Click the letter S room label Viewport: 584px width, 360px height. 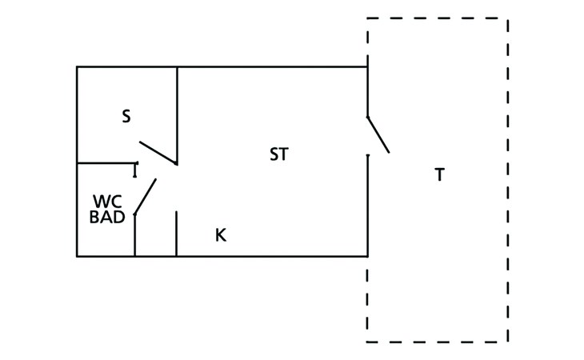pyautogui.click(x=126, y=116)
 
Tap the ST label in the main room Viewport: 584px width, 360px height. pyautogui.click(x=279, y=154)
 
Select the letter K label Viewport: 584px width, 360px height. pyautogui.click(x=221, y=235)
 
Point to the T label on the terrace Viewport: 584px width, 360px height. pyautogui.click(x=439, y=174)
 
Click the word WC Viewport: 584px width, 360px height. pyautogui.click(x=107, y=202)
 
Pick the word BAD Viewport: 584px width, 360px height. pyautogui.click(x=107, y=217)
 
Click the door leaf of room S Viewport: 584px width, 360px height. pyautogui.click(x=158, y=153)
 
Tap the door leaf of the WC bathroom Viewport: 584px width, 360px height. pyautogui.click(x=146, y=197)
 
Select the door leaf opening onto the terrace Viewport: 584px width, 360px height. pyautogui.click(x=378, y=134)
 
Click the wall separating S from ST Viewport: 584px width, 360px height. pyautogui.click(x=177, y=115)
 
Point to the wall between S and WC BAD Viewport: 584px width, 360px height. pyautogui.click(x=107, y=163)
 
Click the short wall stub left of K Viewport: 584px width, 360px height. pyautogui.click(x=176, y=234)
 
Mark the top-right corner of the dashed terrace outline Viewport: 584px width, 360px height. pyautogui.click(x=508, y=18)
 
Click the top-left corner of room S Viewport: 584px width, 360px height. pyautogui.click(x=77, y=67)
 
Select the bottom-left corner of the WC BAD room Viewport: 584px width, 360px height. pyautogui.click(x=77, y=257)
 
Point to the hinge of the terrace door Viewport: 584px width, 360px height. pyautogui.click(x=368, y=118)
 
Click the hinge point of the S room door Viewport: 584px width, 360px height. pyautogui.click(x=176, y=163)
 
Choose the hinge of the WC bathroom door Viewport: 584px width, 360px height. pyautogui.click(x=135, y=214)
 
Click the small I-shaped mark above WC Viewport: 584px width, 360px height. pyautogui.click(x=135, y=170)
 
